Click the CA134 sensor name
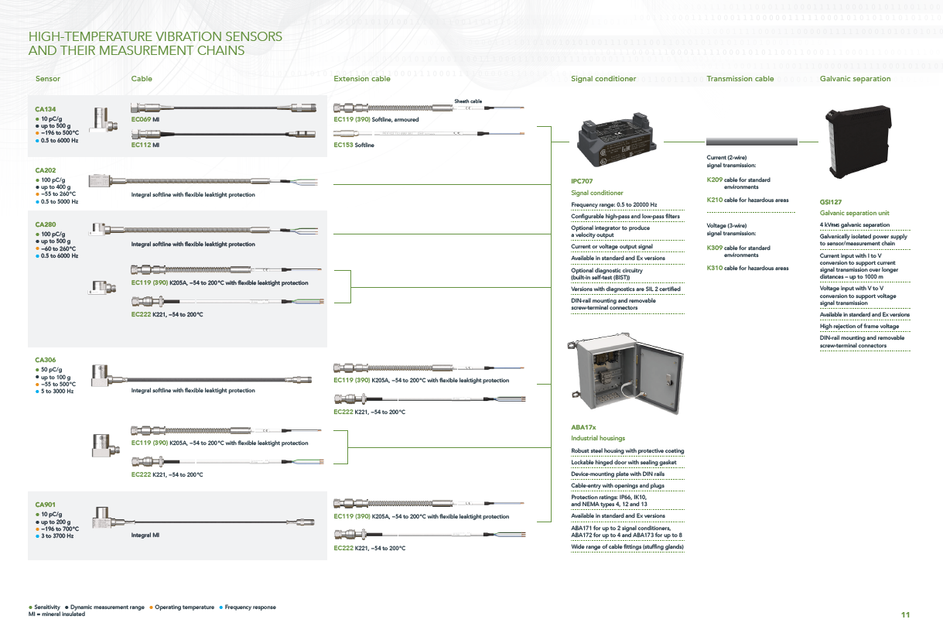click(x=46, y=109)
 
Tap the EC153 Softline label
click(x=354, y=145)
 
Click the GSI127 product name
click(x=831, y=202)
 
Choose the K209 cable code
click(x=715, y=180)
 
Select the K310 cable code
click(x=715, y=268)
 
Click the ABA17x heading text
click(x=583, y=427)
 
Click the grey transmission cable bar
click(x=752, y=142)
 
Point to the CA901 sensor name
click(x=46, y=505)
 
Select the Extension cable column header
click(x=361, y=79)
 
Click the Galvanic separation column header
click(x=855, y=79)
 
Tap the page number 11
click(x=906, y=614)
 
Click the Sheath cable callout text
click(x=468, y=101)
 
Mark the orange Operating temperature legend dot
click(x=151, y=607)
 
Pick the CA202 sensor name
click(x=46, y=170)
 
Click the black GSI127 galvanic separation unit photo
click(x=859, y=141)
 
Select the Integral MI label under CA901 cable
click(x=145, y=535)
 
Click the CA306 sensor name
click(x=46, y=360)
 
